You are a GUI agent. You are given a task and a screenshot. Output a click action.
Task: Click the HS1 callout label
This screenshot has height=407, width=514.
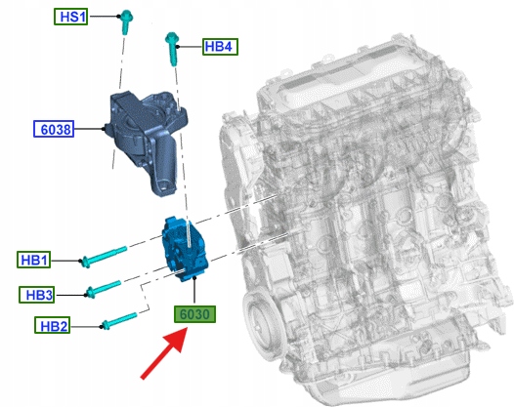[x=70, y=17]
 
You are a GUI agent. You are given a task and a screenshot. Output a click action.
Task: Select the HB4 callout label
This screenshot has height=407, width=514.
[x=220, y=47]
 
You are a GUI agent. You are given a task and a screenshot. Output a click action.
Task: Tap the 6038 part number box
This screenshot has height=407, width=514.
[x=54, y=129]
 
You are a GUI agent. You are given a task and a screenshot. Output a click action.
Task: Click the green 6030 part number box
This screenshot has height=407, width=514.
[x=194, y=314]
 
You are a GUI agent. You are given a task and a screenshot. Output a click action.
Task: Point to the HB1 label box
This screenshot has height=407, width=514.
[x=34, y=260]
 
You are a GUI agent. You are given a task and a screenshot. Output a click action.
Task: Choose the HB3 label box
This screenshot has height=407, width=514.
[x=37, y=295]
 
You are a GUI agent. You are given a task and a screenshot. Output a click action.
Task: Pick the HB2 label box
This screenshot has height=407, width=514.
[x=53, y=325]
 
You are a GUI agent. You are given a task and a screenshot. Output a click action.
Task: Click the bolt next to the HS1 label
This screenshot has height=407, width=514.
[x=125, y=21]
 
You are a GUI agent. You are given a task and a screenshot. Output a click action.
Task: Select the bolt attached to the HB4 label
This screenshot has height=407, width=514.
[x=172, y=49]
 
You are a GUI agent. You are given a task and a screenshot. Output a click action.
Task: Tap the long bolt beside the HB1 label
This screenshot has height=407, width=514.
[x=105, y=257]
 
